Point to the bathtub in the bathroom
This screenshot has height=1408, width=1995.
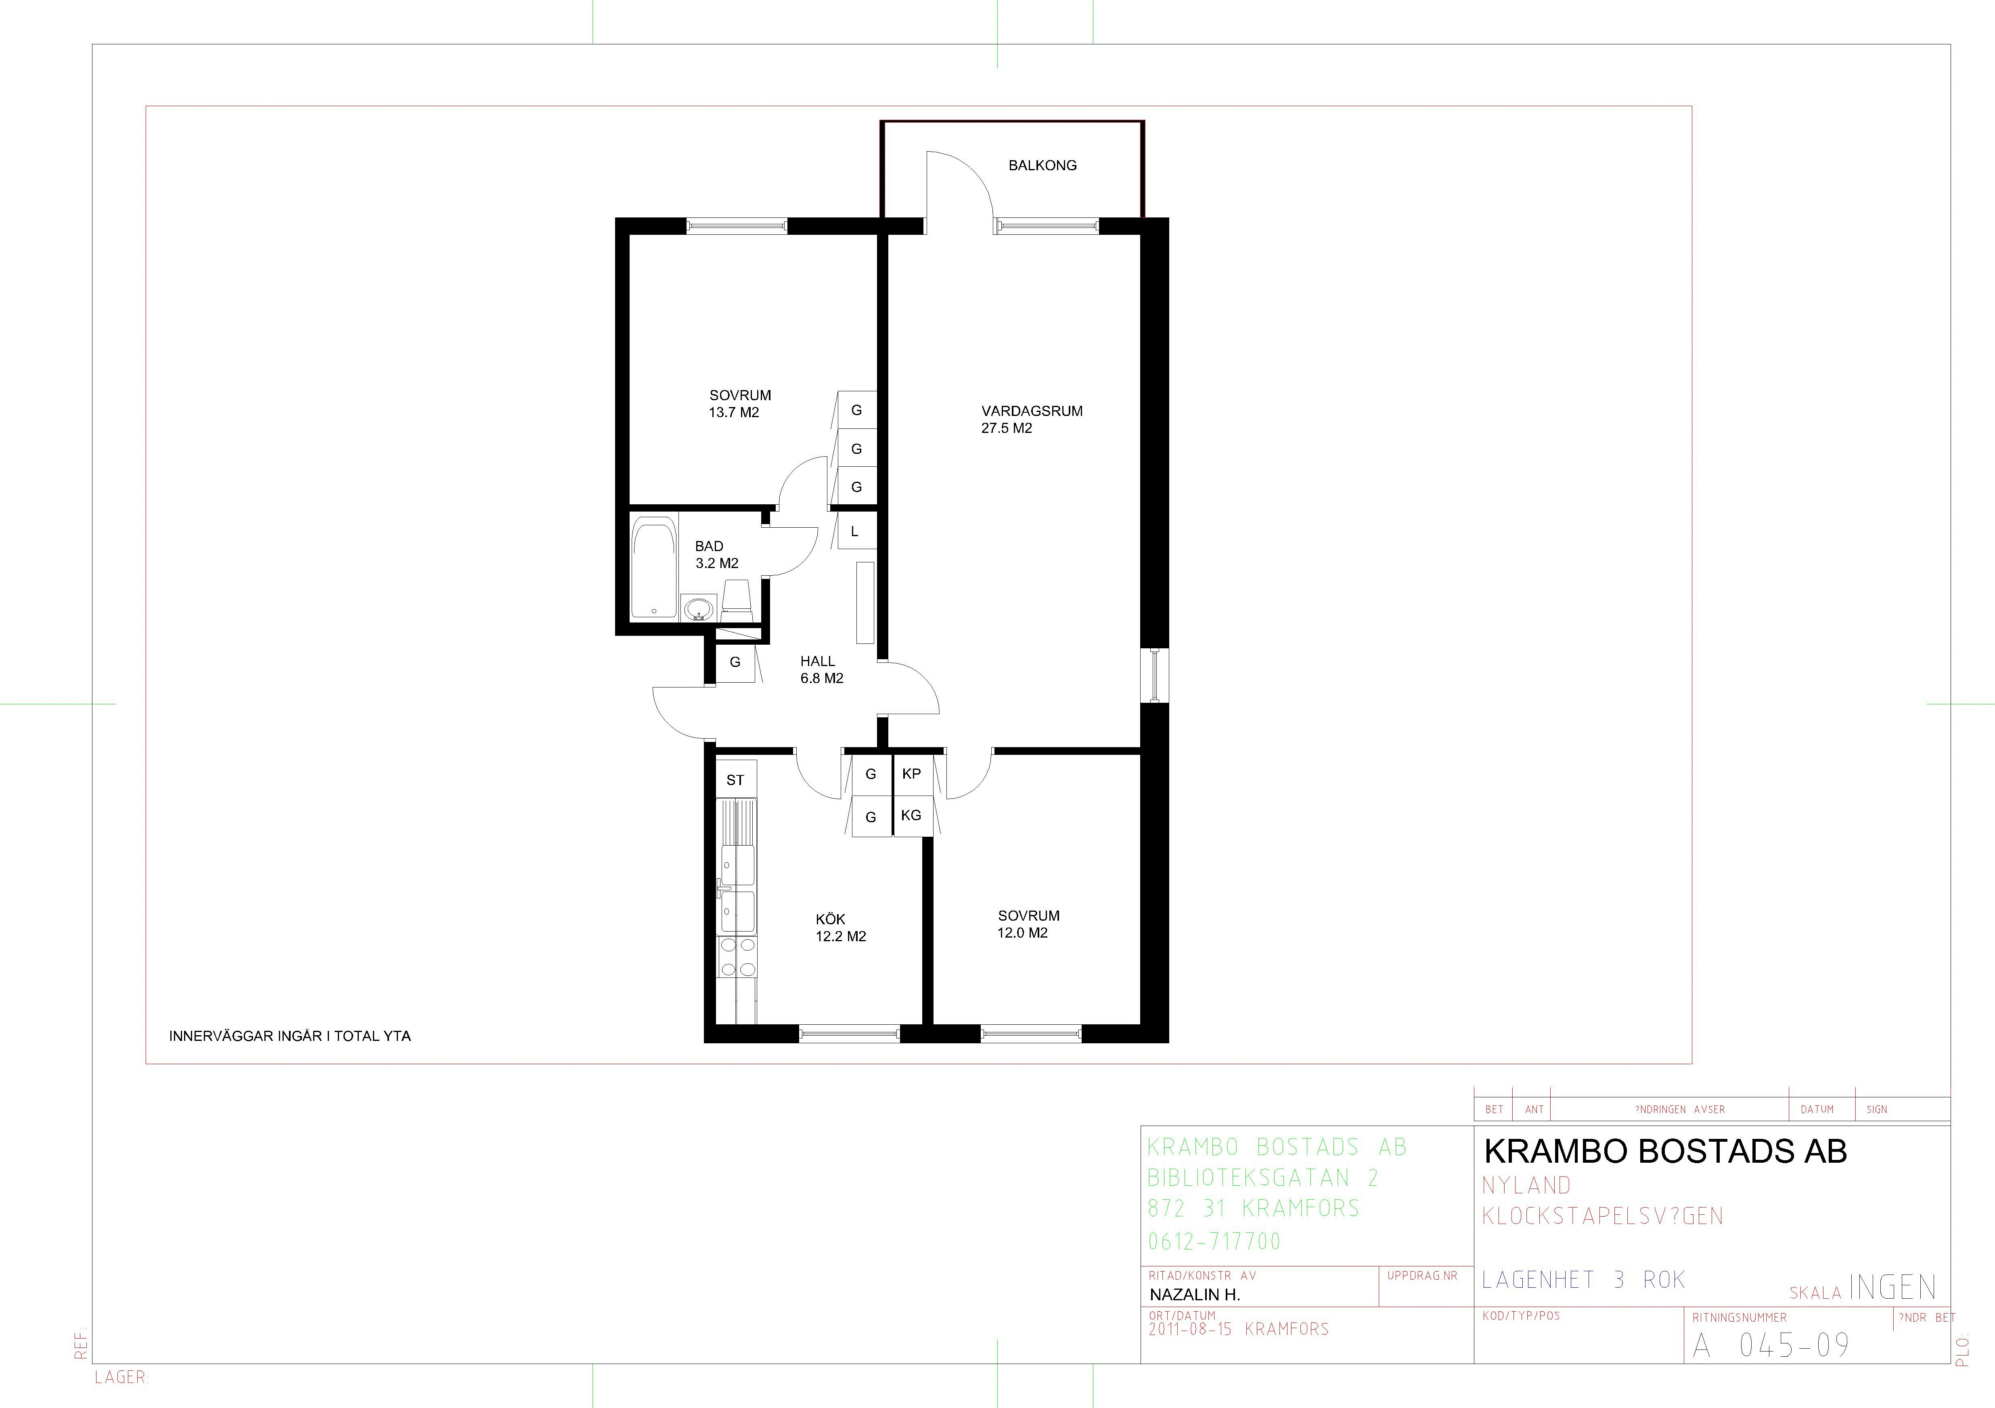click(653, 568)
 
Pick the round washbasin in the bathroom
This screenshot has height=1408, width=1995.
click(697, 610)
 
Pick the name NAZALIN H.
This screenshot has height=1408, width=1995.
click(1195, 1294)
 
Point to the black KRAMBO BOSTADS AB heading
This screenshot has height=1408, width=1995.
click(1666, 1151)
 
